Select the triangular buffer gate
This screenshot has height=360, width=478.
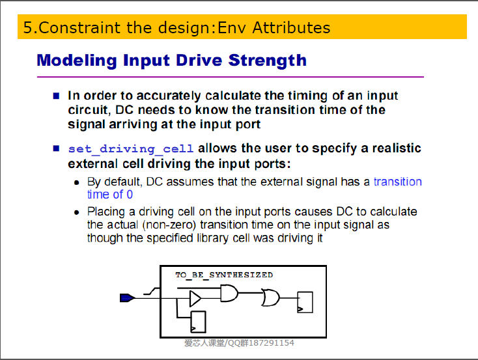pos(195,298)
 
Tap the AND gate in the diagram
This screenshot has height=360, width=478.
pos(229,293)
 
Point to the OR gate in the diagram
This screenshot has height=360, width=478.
pos(270,298)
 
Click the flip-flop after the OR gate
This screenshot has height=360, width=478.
pos(305,302)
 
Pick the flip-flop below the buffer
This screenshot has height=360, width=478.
pos(198,322)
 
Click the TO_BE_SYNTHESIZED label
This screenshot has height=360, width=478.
pos(224,275)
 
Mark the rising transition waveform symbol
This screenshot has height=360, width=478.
pos(152,292)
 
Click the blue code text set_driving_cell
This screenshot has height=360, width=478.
pos(131,149)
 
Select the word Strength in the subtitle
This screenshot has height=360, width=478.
pos(268,61)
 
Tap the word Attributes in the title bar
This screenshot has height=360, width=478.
pos(291,27)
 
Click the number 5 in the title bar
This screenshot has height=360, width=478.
pos(27,27)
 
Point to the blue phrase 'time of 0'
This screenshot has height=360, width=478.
pos(110,195)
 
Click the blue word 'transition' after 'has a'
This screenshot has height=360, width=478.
pos(398,182)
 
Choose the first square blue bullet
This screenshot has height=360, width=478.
pos(56,96)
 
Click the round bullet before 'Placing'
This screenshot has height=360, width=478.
pos(76,212)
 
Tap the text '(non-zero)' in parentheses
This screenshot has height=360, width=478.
pos(169,225)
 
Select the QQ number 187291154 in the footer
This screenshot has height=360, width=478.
pos(272,343)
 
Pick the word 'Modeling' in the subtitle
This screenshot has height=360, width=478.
pos(77,61)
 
